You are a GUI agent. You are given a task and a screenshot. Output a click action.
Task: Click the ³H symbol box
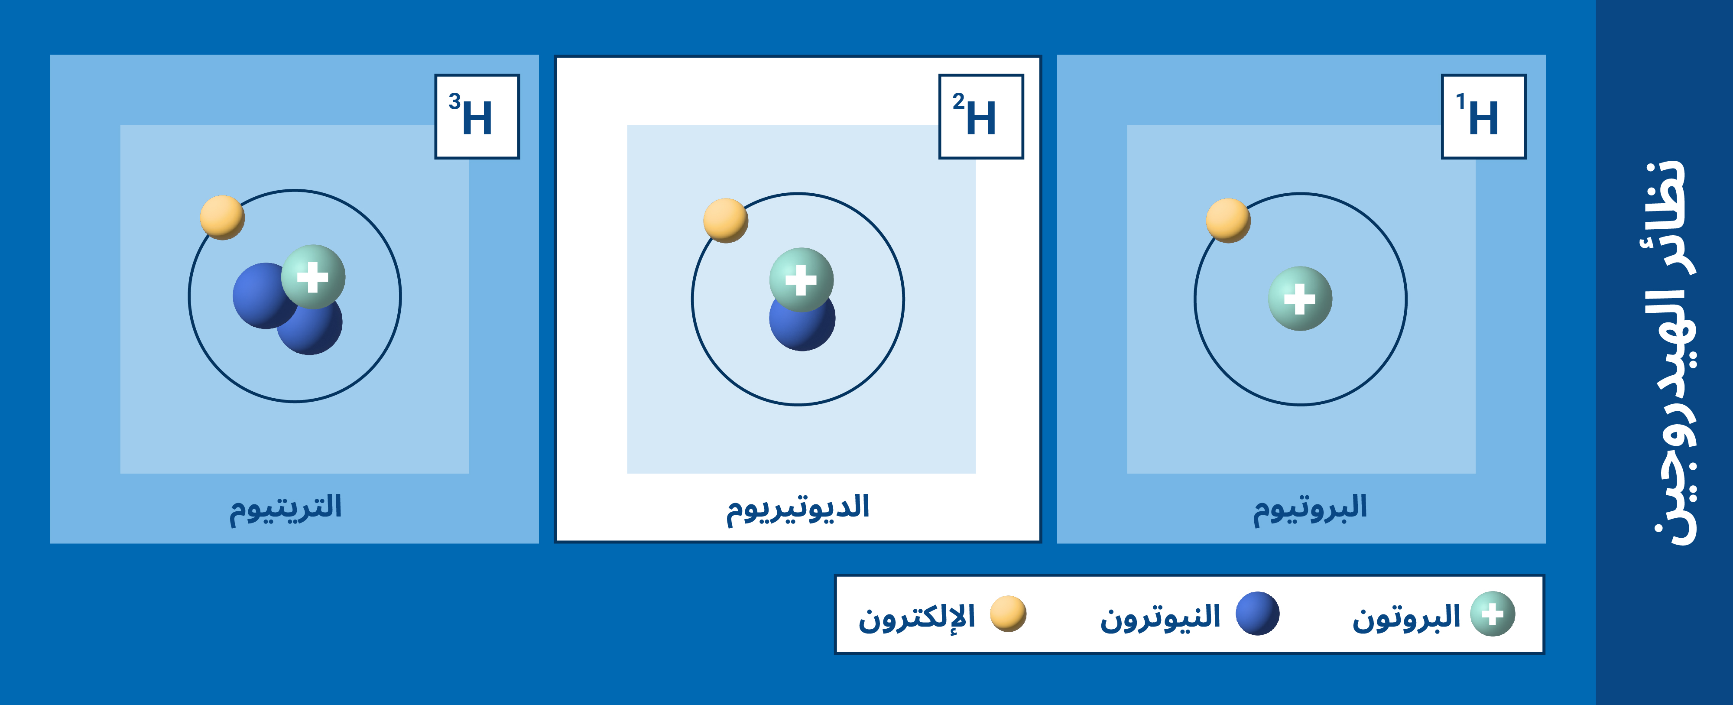pyautogui.click(x=477, y=117)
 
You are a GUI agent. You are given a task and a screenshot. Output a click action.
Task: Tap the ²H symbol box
pyautogui.click(x=981, y=117)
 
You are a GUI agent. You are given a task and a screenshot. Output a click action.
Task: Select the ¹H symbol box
pyautogui.click(x=1483, y=117)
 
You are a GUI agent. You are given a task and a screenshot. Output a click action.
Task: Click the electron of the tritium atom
pyautogui.click(x=222, y=217)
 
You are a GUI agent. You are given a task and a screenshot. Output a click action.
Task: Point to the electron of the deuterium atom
pyautogui.click(x=725, y=220)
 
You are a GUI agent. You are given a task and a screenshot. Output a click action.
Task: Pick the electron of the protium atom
pyautogui.click(x=1228, y=220)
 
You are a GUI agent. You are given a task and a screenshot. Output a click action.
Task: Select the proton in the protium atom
pyautogui.click(x=1300, y=299)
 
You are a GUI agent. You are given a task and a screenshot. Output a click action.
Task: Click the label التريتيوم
pyautogui.click(x=286, y=508)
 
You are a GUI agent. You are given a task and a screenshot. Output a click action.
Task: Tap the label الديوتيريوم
pyautogui.click(x=798, y=508)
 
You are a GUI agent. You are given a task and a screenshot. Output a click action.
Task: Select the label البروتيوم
pyautogui.click(x=1310, y=508)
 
